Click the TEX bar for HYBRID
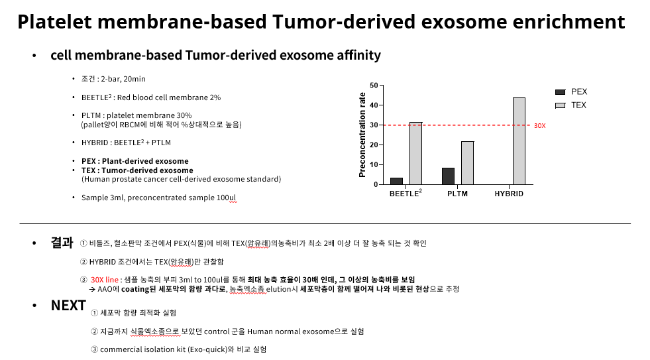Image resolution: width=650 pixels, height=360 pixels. (x=519, y=141)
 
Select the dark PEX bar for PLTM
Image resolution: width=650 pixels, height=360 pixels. (x=448, y=176)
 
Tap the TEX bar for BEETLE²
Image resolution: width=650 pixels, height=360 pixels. (x=416, y=153)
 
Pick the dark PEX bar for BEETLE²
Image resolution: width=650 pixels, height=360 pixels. (x=397, y=181)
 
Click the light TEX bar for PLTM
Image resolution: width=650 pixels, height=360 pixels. (x=468, y=163)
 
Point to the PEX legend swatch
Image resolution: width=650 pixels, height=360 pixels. (x=561, y=92)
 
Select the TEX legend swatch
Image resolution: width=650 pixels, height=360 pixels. (x=561, y=106)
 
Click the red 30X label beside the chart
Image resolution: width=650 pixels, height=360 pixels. (x=540, y=126)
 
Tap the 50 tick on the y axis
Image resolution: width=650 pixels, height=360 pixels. (x=374, y=86)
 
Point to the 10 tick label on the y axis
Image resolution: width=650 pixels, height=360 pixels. (x=374, y=164)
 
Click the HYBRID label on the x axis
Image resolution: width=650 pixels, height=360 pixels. (x=509, y=194)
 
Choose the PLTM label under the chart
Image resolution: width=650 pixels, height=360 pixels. (x=457, y=194)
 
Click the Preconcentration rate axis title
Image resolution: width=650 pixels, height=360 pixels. (x=362, y=135)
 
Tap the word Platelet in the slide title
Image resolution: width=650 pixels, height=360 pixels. (x=54, y=22)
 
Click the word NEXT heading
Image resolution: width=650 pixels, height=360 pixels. (x=68, y=305)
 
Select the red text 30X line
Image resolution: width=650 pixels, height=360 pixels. (x=105, y=280)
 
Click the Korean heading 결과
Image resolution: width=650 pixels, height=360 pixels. (x=62, y=243)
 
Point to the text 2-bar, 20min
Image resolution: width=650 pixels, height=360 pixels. (x=123, y=79)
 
